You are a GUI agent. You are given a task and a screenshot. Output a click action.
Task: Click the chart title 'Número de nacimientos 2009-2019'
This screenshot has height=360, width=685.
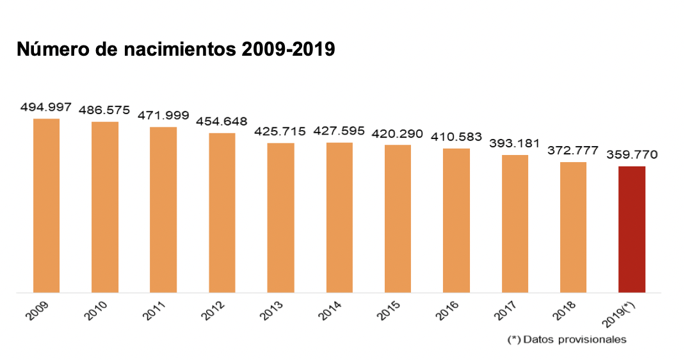pyautogui.click(x=175, y=49)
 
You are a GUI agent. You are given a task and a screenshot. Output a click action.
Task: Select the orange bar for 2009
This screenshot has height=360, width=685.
pyautogui.click(x=46, y=206)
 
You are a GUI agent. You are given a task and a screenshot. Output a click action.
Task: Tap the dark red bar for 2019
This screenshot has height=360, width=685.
pyautogui.click(x=631, y=229)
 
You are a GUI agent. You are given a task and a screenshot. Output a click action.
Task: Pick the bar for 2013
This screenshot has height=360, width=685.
pyautogui.click(x=280, y=218)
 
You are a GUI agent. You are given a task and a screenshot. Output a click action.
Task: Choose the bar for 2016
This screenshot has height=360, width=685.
pyautogui.click(x=456, y=220)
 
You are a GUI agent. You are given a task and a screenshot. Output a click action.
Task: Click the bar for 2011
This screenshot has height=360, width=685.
pyautogui.click(x=163, y=209)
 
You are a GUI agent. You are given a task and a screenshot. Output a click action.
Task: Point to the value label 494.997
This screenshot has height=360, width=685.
pyautogui.click(x=45, y=106)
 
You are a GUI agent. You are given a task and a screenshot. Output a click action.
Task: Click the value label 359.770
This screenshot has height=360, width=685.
pyautogui.click(x=632, y=154)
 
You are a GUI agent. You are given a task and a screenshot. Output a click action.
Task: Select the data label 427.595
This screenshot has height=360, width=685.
pyautogui.click(x=339, y=131)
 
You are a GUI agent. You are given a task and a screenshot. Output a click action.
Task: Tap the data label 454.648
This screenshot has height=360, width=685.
pyautogui.click(x=222, y=121)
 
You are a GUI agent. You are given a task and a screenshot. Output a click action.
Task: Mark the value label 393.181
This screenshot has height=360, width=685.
pyautogui.click(x=514, y=143)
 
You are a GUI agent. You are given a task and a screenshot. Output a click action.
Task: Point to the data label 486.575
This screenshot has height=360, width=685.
pyautogui.click(x=104, y=110)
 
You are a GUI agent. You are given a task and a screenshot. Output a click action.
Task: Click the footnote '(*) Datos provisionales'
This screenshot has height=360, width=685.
pyautogui.click(x=566, y=340)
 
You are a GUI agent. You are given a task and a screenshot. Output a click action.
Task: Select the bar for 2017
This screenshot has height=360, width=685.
pyautogui.click(x=515, y=224)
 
